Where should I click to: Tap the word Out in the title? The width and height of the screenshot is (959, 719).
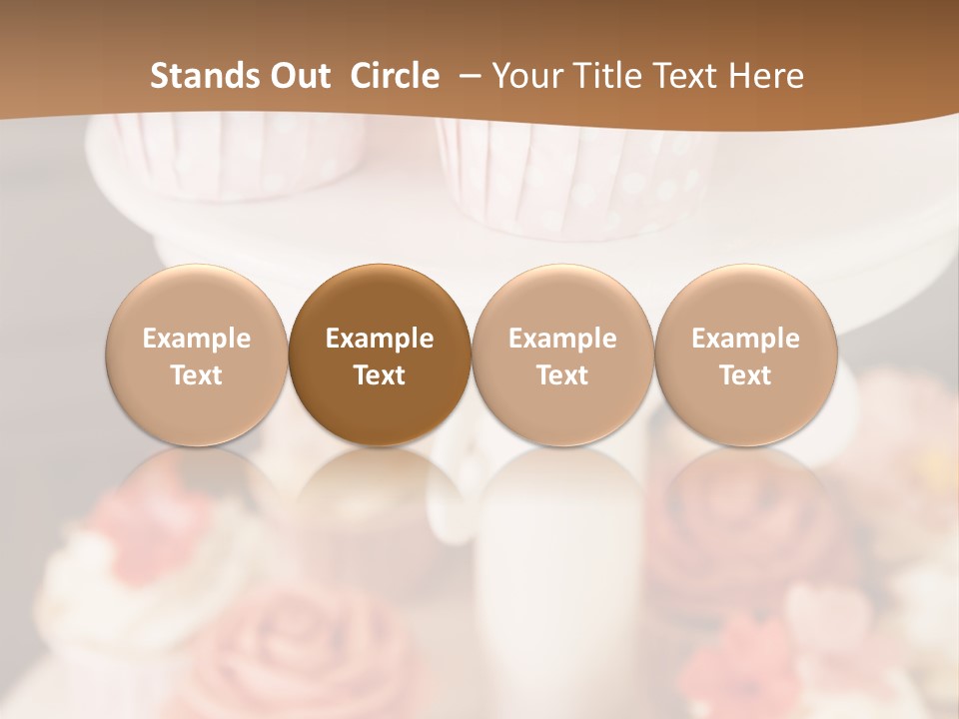(x=297, y=76)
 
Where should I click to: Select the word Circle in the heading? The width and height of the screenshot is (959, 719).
(x=395, y=76)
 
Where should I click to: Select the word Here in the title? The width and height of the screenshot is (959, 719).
(x=768, y=76)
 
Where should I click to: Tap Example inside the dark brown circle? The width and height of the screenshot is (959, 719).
(x=380, y=339)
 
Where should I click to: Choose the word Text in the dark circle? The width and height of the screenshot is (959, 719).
(x=380, y=375)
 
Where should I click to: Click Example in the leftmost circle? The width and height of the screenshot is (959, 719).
(x=197, y=339)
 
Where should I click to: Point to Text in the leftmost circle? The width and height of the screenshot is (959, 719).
(x=197, y=375)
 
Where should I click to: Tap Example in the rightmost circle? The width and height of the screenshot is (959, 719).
(x=745, y=339)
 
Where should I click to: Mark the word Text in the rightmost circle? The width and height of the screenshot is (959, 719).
(x=745, y=375)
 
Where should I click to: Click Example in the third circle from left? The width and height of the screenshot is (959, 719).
(x=562, y=339)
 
